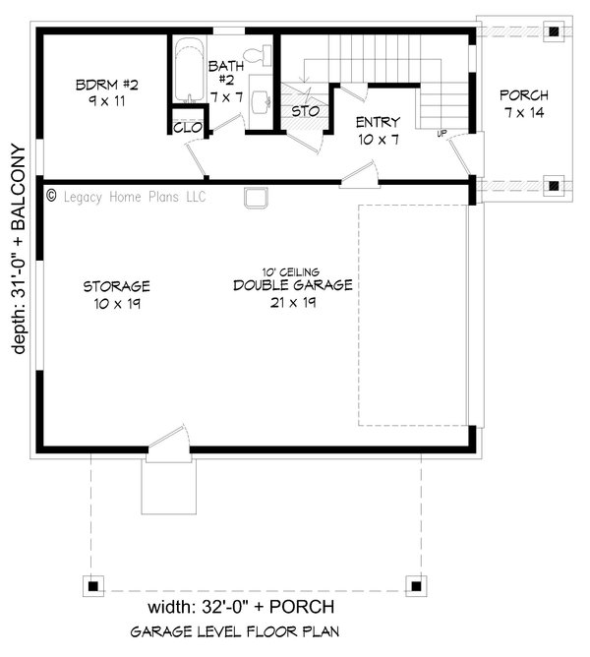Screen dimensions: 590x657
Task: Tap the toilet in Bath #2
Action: coord(258,55)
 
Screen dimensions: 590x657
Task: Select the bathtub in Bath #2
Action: coord(189,70)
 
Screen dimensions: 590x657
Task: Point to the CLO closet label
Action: coord(188,128)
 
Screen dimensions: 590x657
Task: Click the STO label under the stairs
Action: coord(306,111)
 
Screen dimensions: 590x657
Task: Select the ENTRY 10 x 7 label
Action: coord(378,131)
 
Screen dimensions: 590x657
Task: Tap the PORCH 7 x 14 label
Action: coord(524,104)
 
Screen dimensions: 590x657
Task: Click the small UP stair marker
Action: coord(442,134)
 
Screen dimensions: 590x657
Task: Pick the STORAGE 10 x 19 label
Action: coord(116,295)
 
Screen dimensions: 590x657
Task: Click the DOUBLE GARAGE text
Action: coord(293,285)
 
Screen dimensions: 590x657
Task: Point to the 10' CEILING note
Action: coord(291,272)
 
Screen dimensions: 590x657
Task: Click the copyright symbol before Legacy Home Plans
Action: coord(51,196)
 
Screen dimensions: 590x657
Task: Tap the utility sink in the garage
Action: coord(256,198)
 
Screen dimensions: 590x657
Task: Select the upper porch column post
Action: coord(554,31)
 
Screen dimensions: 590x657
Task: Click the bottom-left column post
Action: coord(93,585)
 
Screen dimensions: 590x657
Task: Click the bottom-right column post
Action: coord(416,585)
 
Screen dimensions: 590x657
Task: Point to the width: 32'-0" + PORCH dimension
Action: coord(241,606)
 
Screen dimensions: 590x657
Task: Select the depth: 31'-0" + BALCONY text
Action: coord(19,250)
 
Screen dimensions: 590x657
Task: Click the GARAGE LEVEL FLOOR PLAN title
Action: coord(235,631)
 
